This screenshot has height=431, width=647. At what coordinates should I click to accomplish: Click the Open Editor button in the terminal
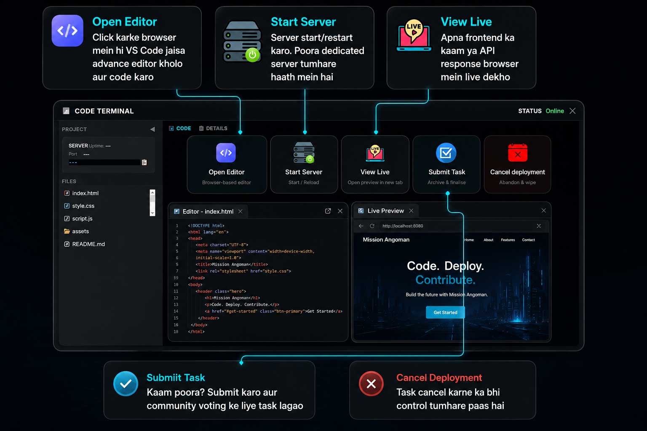tap(227, 164)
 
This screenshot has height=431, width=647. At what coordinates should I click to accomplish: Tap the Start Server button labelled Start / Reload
tap(304, 164)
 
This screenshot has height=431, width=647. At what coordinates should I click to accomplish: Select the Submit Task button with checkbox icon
tap(446, 164)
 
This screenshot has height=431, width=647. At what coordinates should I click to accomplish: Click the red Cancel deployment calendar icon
tap(518, 152)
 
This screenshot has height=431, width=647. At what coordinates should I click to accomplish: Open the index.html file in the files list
tap(85, 193)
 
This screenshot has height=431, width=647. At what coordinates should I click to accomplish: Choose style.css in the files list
tap(83, 206)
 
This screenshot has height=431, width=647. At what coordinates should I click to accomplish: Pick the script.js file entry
tap(82, 218)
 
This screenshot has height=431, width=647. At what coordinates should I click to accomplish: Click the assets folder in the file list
tap(80, 231)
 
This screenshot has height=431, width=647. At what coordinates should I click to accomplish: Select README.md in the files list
tap(88, 244)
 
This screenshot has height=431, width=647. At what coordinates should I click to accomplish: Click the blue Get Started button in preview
tap(445, 312)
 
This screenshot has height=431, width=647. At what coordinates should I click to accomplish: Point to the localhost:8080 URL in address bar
tap(403, 226)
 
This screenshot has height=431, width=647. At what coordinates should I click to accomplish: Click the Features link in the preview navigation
tap(508, 240)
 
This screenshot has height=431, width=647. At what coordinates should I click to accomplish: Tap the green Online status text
tap(555, 111)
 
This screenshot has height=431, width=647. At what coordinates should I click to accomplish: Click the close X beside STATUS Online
tap(572, 111)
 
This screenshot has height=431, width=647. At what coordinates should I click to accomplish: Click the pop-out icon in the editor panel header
tap(328, 211)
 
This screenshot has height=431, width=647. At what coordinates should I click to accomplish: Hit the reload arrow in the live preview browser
tap(372, 226)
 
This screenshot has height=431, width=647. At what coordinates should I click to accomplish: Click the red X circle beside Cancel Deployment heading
tap(371, 384)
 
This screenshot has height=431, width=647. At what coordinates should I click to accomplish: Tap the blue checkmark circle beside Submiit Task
tap(126, 384)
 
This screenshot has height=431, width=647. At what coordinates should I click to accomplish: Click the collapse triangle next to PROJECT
tap(152, 129)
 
